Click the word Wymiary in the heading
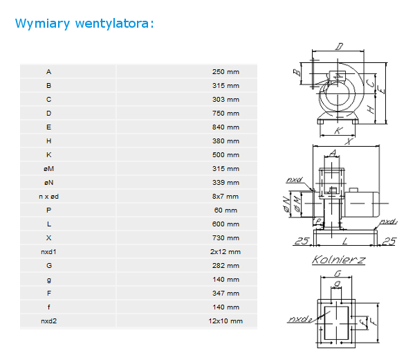point(43,24)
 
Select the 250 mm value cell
point(225,72)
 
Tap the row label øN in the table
point(48,183)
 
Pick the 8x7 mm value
point(225,197)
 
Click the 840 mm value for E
point(225,127)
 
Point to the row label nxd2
point(48,321)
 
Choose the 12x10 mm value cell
point(225,321)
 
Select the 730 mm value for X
point(225,238)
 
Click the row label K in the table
point(48,155)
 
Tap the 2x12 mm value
point(225,252)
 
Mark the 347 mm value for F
point(225,294)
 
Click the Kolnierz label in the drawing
point(339,260)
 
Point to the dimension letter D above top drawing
point(339,46)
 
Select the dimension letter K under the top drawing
point(338,131)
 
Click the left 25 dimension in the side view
point(302,241)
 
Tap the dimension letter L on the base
point(344,241)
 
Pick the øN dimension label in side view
point(286,204)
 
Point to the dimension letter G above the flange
point(338,273)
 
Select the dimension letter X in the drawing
point(349,141)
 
